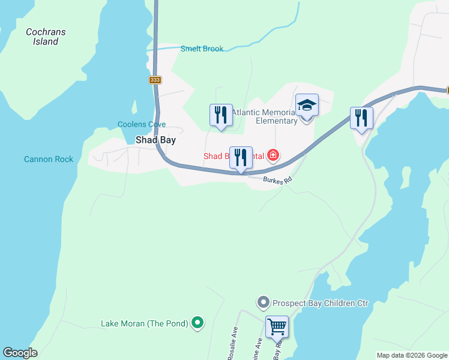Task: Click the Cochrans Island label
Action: (46, 37)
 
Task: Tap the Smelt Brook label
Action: (202, 49)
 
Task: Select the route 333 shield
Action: (155, 80)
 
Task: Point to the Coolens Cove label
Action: (142, 125)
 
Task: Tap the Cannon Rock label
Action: (49, 159)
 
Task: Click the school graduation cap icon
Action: (307, 106)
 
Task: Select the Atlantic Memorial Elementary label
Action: (265, 116)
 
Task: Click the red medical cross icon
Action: (273, 156)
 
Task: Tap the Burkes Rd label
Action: (278, 179)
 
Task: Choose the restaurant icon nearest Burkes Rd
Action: (241, 158)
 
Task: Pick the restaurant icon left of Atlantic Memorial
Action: (221, 115)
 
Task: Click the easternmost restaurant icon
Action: (361, 117)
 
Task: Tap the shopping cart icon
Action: (277, 328)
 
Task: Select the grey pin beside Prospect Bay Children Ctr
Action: (262, 303)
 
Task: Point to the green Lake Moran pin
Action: (197, 323)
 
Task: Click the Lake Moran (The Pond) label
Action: (145, 323)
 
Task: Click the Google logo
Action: (20, 353)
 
